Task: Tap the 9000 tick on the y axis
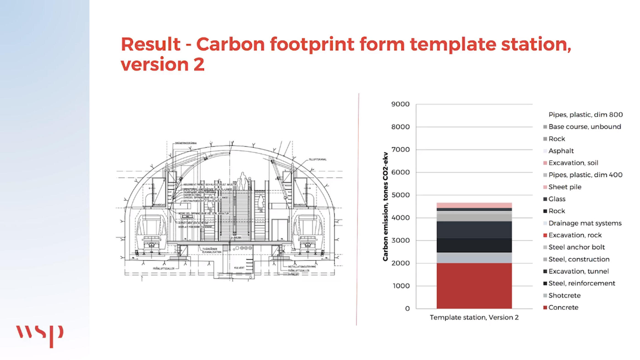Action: pos(400,104)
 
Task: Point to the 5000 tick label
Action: pos(400,195)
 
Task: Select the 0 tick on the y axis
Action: pos(407,309)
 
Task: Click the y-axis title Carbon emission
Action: pos(386,206)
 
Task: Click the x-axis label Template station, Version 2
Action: pos(474,318)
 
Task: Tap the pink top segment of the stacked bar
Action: pos(474,205)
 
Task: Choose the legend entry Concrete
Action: pos(563,307)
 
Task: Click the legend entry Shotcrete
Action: pos(564,296)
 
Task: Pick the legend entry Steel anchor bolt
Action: pos(576,247)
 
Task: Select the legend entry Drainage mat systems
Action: pos(585,223)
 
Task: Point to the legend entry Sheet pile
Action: pos(565,187)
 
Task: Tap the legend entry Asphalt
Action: pos(561,151)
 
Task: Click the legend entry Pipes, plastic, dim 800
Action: pos(585,115)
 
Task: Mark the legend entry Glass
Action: pos(557,199)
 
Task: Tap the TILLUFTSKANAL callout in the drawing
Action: pos(317,159)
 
